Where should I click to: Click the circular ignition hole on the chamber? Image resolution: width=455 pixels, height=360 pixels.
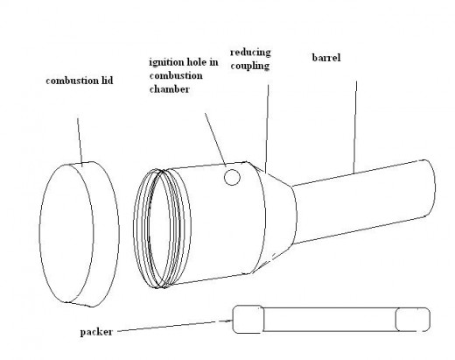pyautogui.click(x=232, y=177)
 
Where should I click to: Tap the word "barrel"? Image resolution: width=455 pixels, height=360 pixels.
pyautogui.click(x=326, y=58)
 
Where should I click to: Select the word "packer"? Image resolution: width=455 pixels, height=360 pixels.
pyautogui.click(x=96, y=332)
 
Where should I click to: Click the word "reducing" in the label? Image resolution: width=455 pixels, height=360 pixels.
pyautogui.click(x=250, y=53)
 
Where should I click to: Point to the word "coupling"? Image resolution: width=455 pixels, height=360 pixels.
pyautogui.click(x=250, y=66)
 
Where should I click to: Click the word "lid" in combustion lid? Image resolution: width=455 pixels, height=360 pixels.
pyautogui.click(x=107, y=81)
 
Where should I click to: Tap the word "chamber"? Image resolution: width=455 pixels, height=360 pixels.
pyautogui.click(x=170, y=89)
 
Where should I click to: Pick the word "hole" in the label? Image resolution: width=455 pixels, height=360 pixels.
pyautogui.click(x=199, y=62)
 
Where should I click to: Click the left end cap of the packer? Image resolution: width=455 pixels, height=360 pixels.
pyautogui.click(x=248, y=319)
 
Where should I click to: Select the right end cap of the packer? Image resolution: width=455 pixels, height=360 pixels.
pyautogui.click(x=412, y=320)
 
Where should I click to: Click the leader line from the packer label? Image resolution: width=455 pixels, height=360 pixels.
pyautogui.click(x=175, y=326)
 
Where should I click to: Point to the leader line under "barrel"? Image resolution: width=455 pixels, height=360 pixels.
pyautogui.click(x=355, y=127)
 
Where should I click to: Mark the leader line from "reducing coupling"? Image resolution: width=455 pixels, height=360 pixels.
pyautogui.click(x=267, y=129)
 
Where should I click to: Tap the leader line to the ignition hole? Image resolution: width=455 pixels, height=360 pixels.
pyautogui.click(x=215, y=139)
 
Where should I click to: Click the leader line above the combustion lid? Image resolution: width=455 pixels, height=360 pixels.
pyautogui.click(x=80, y=142)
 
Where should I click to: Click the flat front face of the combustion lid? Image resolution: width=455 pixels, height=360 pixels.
pyautogui.click(x=66, y=233)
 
